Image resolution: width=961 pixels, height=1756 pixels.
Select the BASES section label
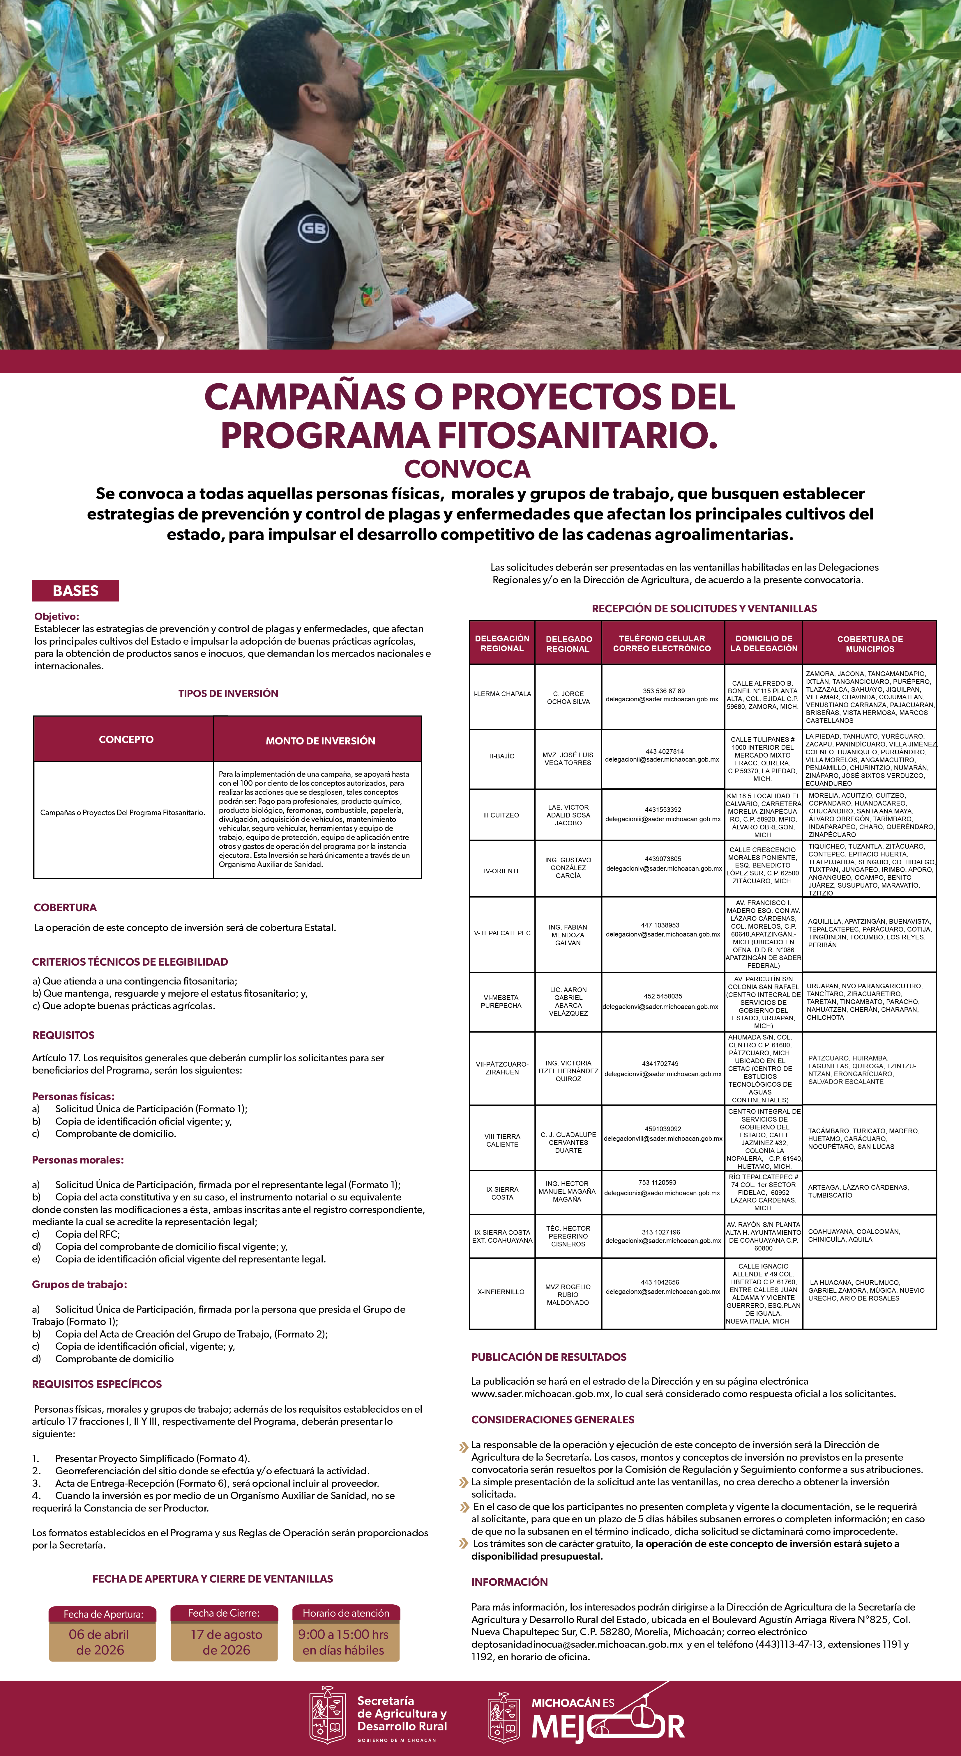(x=76, y=590)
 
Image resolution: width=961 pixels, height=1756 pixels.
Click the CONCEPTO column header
(x=126, y=739)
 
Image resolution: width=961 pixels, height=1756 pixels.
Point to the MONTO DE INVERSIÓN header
(x=320, y=740)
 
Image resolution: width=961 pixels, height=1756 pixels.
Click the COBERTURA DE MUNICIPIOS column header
(x=870, y=643)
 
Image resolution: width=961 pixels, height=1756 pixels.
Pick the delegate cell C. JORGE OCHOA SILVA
(x=568, y=697)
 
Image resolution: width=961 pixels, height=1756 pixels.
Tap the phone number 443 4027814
(x=662, y=751)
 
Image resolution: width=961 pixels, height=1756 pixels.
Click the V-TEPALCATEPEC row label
(x=502, y=932)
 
